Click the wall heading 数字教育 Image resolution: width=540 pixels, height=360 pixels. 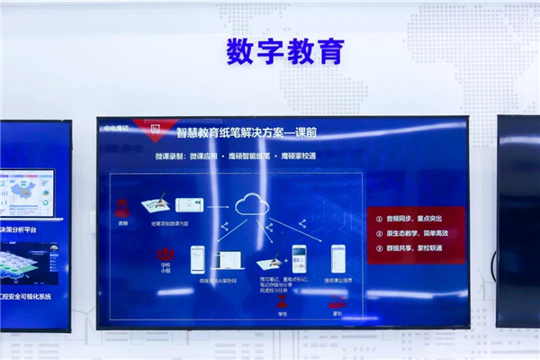coord(285,51)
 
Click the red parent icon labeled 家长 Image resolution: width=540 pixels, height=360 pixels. coord(337,304)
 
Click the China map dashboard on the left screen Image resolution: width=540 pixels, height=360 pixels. coord(27,193)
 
